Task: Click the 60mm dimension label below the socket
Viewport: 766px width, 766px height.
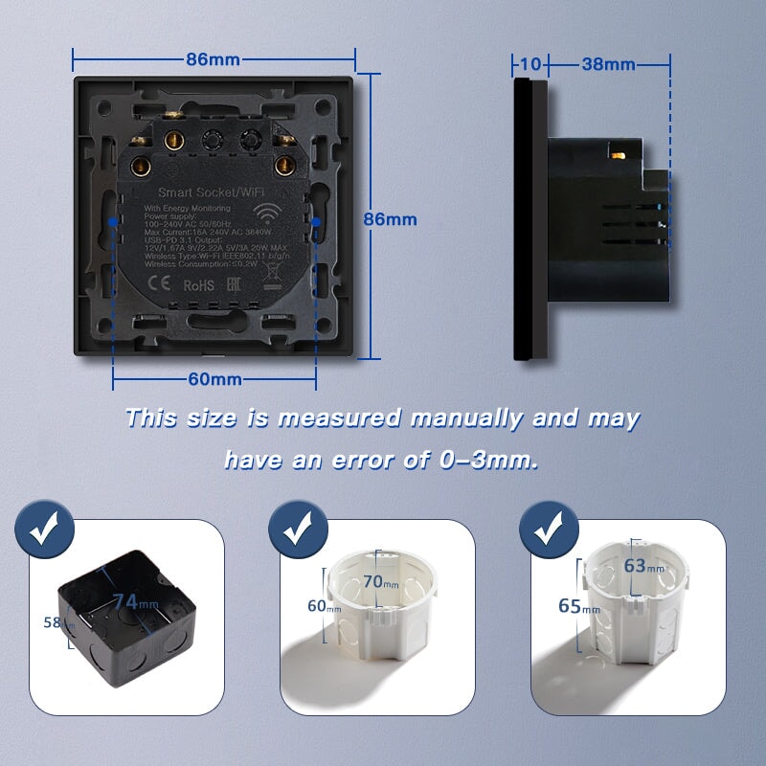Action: [214, 378]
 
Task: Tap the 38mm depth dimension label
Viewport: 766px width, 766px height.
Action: [608, 64]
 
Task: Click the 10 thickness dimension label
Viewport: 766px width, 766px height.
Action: [530, 64]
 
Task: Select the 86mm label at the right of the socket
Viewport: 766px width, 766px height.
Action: [390, 219]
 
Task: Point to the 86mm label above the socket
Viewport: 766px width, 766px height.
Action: [213, 59]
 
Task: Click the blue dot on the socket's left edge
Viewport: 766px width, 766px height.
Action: [113, 220]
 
